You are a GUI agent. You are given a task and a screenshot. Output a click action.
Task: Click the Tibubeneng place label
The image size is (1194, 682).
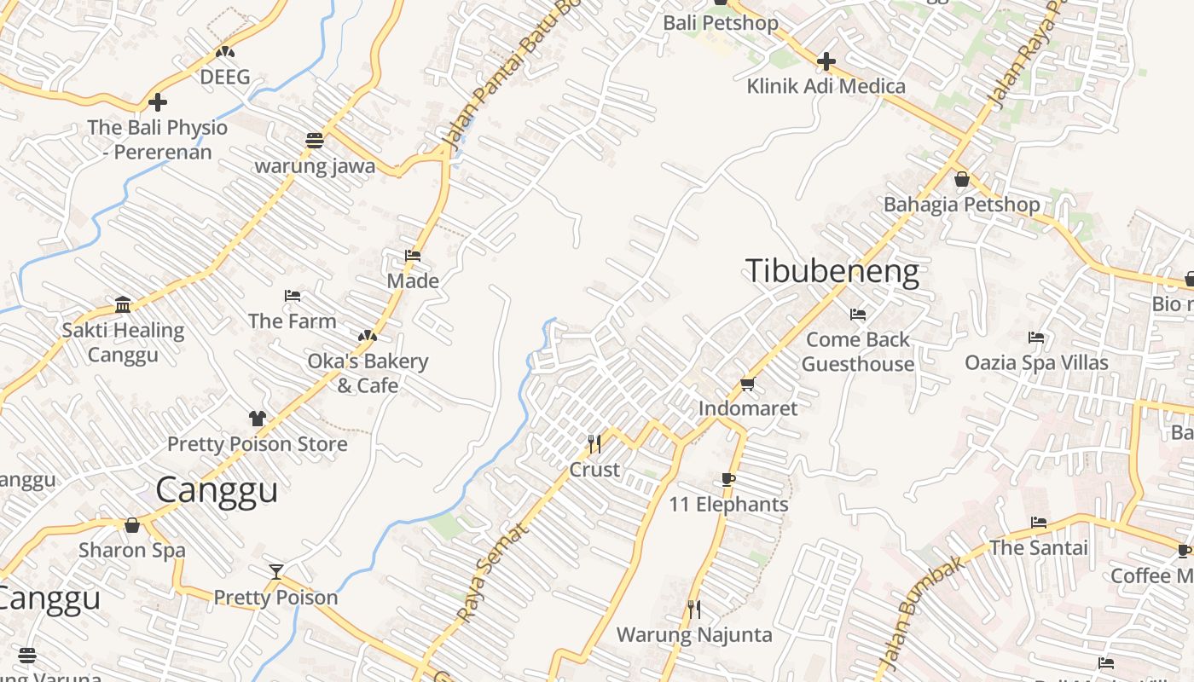(x=832, y=271)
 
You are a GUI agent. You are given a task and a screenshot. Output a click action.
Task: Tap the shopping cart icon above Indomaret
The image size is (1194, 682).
(x=748, y=384)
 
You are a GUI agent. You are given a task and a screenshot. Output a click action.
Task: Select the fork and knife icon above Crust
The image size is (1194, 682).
(x=594, y=443)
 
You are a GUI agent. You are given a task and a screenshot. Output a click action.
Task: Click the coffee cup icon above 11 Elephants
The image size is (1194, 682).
(x=728, y=479)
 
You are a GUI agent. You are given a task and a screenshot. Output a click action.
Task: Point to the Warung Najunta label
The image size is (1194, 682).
(x=694, y=635)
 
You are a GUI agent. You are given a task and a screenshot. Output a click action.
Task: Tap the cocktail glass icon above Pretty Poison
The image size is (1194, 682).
(x=275, y=571)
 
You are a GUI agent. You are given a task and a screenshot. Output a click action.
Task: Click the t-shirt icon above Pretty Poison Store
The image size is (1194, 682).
(x=258, y=418)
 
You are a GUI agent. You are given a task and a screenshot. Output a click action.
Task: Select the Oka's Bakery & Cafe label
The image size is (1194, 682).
(x=368, y=373)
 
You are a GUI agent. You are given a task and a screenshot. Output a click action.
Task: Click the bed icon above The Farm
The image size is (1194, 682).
(x=293, y=296)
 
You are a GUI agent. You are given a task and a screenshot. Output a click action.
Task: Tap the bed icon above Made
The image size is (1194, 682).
(x=413, y=255)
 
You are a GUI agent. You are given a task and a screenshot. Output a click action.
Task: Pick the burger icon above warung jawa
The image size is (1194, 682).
(x=315, y=140)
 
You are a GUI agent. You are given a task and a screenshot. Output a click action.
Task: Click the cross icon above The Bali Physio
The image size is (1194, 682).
(x=158, y=102)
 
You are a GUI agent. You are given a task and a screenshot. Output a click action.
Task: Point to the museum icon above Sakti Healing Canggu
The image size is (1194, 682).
(x=123, y=304)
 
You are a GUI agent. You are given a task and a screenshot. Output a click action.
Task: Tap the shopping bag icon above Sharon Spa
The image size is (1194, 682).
(x=132, y=525)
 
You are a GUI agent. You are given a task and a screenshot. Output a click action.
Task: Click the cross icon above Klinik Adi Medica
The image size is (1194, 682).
(x=826, y=61)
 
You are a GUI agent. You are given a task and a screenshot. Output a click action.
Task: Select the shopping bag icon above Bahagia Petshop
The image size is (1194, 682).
(x=962, y=179)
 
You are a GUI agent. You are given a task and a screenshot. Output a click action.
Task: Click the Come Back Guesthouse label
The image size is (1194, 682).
(x=858, y=351)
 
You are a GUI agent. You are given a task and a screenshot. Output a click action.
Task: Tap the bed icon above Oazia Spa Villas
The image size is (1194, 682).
(x=1036, y=338)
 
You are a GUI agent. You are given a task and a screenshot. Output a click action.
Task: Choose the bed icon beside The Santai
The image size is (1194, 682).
(x=1039, y=522)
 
